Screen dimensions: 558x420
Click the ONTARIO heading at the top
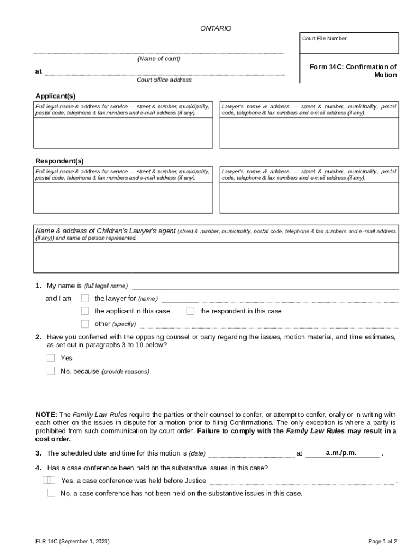215,28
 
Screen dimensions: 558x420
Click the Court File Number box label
324,39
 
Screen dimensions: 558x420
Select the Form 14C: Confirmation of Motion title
353,71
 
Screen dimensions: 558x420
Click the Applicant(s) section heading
56,96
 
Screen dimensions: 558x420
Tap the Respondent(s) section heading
59,161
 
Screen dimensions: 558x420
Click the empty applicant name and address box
123,133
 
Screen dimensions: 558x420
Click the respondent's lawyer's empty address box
308,197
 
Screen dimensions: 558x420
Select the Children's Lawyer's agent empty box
215,257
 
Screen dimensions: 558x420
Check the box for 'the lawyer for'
85,298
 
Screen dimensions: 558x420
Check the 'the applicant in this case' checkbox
85,311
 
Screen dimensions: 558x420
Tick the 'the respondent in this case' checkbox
190,311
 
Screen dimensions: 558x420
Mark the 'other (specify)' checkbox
85,324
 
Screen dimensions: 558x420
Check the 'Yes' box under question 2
51,358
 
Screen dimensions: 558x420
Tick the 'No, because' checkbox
51,371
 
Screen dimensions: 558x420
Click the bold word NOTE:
46,415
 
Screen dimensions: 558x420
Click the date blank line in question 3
251,454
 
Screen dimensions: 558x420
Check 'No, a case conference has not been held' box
51,493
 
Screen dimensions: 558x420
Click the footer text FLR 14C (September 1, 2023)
72,541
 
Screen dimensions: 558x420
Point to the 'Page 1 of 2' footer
382,541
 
